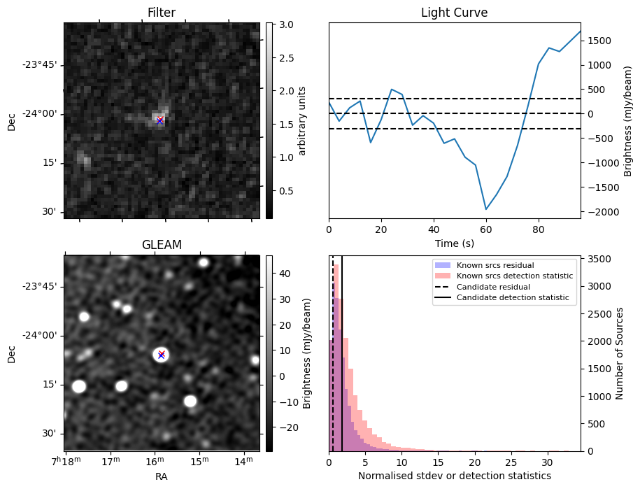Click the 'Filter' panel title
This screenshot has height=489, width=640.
click(162, 13)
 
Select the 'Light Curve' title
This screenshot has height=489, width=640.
click(454, 13)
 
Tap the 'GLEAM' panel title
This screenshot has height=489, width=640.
click(162, 245)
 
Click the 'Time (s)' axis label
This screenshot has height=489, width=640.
click(454, 242)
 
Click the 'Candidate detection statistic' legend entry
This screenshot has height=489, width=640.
click(513, 298)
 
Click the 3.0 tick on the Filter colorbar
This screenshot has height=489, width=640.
click(285, 24)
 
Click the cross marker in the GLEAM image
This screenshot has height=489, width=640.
click(162, 355)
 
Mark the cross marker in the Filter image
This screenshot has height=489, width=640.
click(160, 120)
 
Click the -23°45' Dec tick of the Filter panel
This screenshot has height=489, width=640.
click(44, 65)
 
